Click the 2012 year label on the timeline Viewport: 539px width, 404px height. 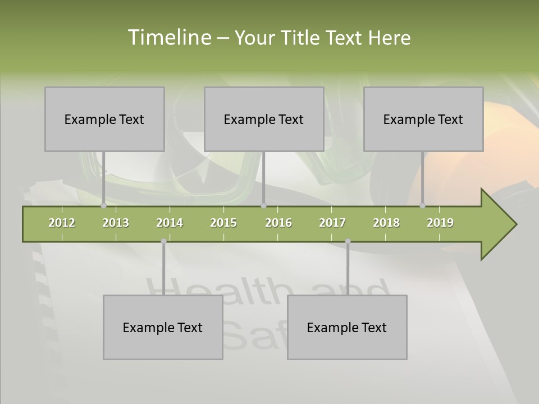[62, 223]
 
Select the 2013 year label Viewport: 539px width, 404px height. [116, 223]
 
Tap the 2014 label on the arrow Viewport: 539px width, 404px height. [170, 223]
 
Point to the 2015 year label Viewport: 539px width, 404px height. [223, 223]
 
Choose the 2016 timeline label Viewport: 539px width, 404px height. [278, 223]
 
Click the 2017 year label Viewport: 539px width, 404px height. [332, 223]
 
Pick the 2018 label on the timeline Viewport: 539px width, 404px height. [386, 223]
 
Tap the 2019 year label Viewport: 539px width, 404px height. [440, 223]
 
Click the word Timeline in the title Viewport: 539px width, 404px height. [168, 38]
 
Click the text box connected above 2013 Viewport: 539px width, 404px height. [104, 119]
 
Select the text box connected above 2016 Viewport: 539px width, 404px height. [264, 119]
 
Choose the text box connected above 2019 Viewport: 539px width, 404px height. [423, 119]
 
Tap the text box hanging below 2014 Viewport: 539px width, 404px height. [163, 327]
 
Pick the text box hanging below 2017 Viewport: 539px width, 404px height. [347, 327]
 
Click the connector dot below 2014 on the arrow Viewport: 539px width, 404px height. [163, 241]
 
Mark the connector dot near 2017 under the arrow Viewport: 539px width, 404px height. [348, 241]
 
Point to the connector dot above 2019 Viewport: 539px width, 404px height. [423, 205]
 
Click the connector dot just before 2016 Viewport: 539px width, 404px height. [263, 205]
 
